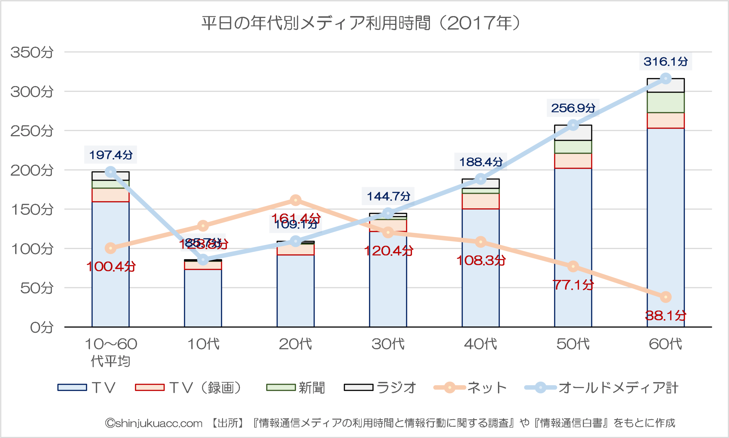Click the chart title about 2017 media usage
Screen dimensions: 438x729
(x=361, y=23)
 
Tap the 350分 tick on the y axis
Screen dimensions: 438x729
(x=32, y=52)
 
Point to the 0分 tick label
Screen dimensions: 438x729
(x=42, y=327)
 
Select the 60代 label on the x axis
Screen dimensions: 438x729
(x=665, y=344)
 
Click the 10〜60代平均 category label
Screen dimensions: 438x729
(x=110, y=353)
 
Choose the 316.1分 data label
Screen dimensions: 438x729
(x=665, y=62)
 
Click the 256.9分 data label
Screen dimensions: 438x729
(x=573, y=108)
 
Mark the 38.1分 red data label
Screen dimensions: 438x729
(x=665, y=316)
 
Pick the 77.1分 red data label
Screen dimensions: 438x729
(x=573, y=285)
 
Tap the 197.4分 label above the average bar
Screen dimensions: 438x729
(x=110, y=155)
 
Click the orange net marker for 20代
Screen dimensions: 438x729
(x=296, y=200)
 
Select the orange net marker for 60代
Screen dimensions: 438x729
(x=665, y=297)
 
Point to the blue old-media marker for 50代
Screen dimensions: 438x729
(x=573, y=125)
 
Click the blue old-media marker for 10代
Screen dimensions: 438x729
(x=203, y=260)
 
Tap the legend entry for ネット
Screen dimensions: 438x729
(x=470, y=388)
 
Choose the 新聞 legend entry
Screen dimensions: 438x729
(x=296, y=388)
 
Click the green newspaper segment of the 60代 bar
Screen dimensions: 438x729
(x=665, y=102)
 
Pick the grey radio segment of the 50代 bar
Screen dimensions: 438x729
(x=573, y=133)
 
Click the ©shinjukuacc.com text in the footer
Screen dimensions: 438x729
(x=154, y=423)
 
